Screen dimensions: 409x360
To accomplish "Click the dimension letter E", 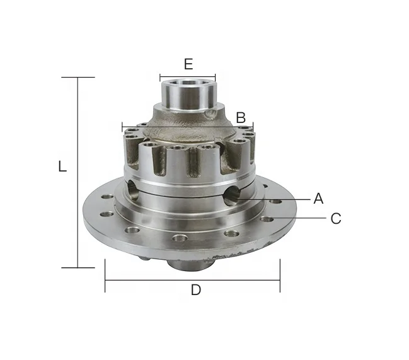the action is point(188,64).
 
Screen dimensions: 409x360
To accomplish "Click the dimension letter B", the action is point(241,117).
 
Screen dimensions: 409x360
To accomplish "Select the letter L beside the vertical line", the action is point(62,166).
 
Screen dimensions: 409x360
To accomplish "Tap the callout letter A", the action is point(318,199).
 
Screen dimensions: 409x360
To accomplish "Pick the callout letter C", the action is point(336,218).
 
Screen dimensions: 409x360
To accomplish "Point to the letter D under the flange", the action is point(196,290).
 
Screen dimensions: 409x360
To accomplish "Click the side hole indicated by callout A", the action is point(232,195).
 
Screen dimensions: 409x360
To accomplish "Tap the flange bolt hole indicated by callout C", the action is point(267,219).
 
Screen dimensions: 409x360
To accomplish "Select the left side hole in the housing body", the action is point(133,190).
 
